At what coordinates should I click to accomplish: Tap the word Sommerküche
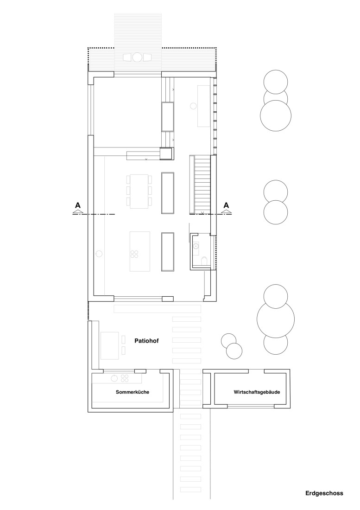point(132,392)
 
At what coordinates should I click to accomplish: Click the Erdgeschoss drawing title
point(324,493)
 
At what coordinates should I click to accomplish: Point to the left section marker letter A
point(77,205)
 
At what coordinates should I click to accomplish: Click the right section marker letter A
point(226,205)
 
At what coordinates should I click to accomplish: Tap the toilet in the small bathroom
point(204,261)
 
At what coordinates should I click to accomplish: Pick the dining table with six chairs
point(139,191)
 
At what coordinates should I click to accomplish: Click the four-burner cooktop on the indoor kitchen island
point(135,254)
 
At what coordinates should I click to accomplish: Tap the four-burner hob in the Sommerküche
point(125,378)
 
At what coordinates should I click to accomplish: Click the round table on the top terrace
point(138,57)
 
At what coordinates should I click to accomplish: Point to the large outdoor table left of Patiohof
point(110,345)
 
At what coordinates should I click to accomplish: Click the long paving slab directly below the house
point(158,308)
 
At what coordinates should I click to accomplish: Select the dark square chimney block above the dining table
point(166,153)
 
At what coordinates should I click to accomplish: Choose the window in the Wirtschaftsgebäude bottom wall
point(251,406)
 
